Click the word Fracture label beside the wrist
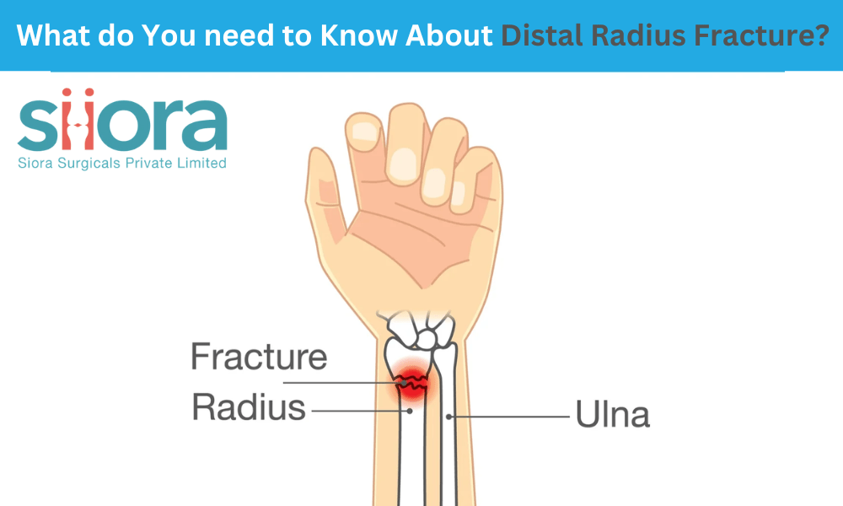(258, 357)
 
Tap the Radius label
(248, 408)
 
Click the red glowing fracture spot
(411, 384)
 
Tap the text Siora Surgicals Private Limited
(122, 163)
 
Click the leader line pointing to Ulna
(506, 416)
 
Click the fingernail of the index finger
(363, 130)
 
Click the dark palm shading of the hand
(405, 245)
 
